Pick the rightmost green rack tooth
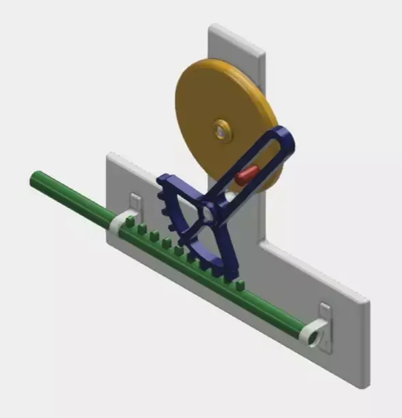(240, 284)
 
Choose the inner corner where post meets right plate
(261, 241)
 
